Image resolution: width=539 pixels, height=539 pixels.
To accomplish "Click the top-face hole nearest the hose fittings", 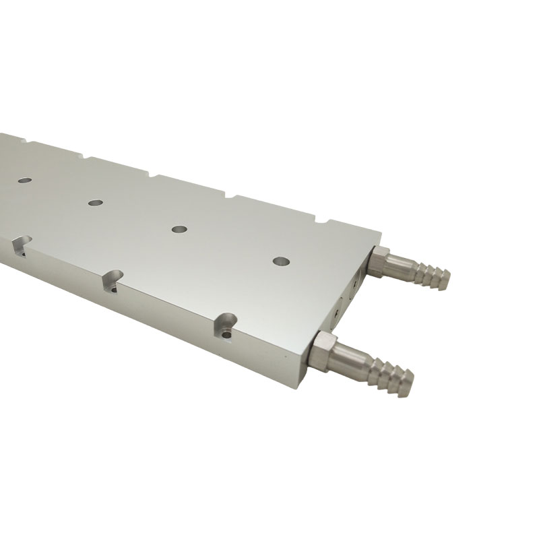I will [280, 260].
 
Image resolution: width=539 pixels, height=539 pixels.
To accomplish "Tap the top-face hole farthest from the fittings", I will [24, 181].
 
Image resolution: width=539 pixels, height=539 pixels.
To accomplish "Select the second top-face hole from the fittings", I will [179, 229].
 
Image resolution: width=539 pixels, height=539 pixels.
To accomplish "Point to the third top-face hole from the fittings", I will [95, 201].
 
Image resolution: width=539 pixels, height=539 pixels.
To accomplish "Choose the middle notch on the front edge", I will [113, 281].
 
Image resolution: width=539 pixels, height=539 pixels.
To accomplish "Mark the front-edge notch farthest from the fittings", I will [20, 245].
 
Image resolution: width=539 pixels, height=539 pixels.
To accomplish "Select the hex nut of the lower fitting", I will [324, 350].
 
